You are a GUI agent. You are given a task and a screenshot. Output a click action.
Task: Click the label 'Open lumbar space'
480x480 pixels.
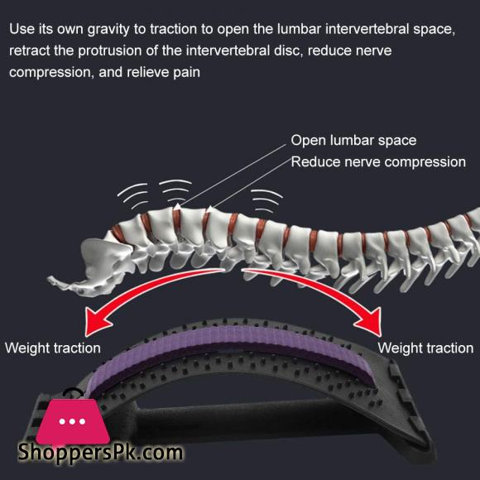coord(353,141)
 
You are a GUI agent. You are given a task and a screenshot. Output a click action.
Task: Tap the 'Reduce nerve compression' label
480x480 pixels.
coord(378,162)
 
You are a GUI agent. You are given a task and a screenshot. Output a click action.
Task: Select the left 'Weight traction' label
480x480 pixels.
coord(53,348)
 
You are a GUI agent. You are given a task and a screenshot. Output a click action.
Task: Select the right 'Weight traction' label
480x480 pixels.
coord(425,348)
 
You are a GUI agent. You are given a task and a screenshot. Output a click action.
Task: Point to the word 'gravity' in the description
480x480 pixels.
coord(108,30)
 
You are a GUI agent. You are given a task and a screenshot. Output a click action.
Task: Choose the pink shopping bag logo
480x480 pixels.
coord(73,420)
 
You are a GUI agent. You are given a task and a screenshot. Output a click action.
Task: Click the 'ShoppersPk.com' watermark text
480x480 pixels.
coord(100,453)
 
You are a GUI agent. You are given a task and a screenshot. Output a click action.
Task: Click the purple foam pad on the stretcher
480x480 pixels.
coord(230,347)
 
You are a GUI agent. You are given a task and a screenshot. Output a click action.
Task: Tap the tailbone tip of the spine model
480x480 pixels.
coord(50,279)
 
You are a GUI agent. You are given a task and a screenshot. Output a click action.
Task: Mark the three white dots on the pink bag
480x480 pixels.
coord(72,421)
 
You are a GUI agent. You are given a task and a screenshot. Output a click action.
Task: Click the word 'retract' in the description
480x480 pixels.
coord(30,50)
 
